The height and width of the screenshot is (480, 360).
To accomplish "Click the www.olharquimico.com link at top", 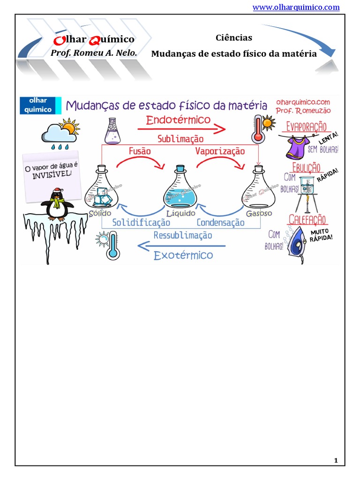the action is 296,7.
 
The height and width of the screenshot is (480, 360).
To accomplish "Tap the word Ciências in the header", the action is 234,38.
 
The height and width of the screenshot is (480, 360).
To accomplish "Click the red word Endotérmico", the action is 178,120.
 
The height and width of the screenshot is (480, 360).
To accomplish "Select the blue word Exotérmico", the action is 183,255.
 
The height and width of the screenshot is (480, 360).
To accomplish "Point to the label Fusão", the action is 140,151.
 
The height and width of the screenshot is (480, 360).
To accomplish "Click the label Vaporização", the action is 220,151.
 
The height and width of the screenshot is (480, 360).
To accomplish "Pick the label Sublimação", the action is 180,139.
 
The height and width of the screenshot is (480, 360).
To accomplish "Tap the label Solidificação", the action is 141,223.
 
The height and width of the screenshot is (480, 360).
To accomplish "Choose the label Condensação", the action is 220,223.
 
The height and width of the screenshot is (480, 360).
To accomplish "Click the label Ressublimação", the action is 183,235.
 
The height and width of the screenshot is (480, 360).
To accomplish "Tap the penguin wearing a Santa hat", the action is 57,204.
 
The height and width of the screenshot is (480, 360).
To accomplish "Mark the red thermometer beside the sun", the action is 258,128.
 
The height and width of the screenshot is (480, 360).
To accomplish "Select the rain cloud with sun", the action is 60,133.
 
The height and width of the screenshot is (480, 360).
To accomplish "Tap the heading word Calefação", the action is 307,219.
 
